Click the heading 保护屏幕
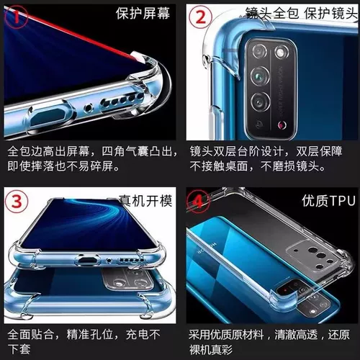click(143, 13)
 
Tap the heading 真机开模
click(145, 200)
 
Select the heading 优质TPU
click(323, 200)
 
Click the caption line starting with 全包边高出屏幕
click(89, 153)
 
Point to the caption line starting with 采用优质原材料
click(271, 334)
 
